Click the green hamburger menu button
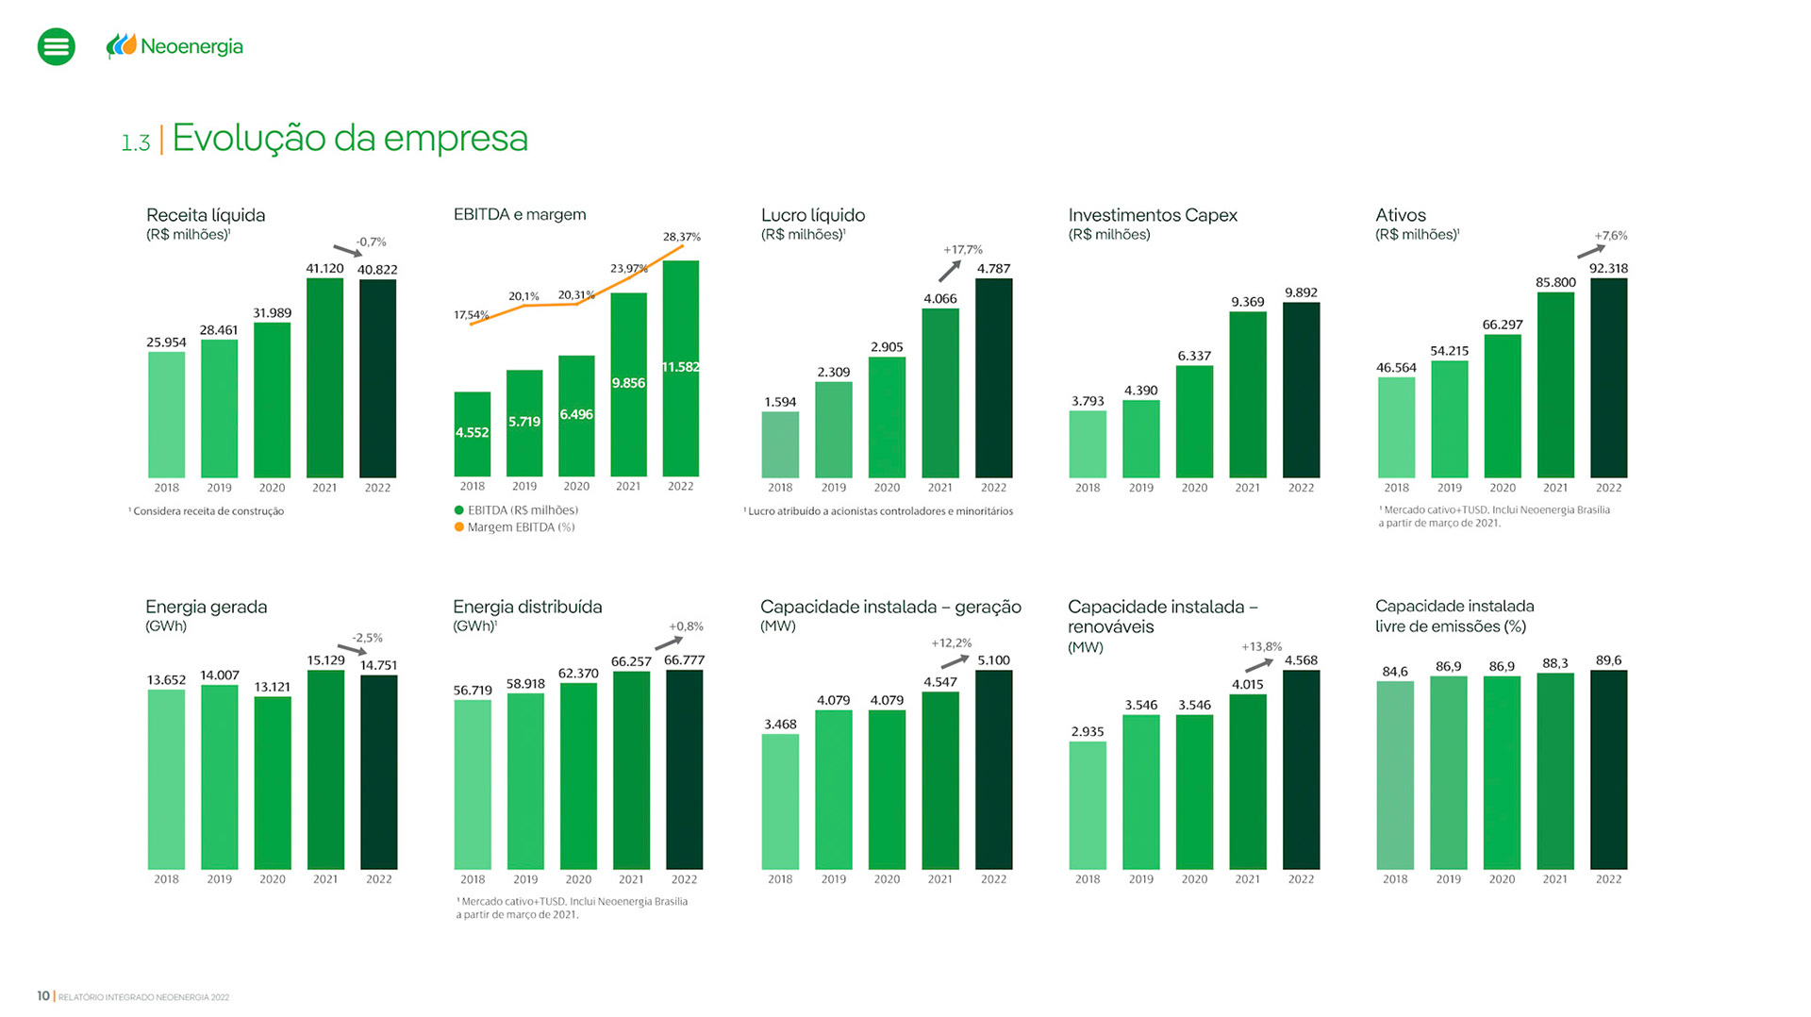click(57, 46)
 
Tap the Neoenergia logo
click(174, 46)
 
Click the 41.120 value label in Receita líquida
click(324, 269)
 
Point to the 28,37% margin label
click(681, 237)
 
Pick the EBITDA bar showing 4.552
click(473, 433)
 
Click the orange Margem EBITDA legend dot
click(459, 527)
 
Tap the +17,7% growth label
click(962, 250)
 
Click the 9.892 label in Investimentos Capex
click(1301, 292)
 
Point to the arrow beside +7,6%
click(1591, 251)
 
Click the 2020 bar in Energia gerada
click(273, 783)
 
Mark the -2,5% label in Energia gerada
click(367, 638)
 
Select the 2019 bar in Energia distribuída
click(525, 781)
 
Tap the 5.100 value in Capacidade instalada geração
click(993, 660)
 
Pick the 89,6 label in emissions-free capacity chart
click(1608, 660)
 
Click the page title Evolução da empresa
click(349, 139)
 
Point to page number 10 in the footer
click(43, 995)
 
